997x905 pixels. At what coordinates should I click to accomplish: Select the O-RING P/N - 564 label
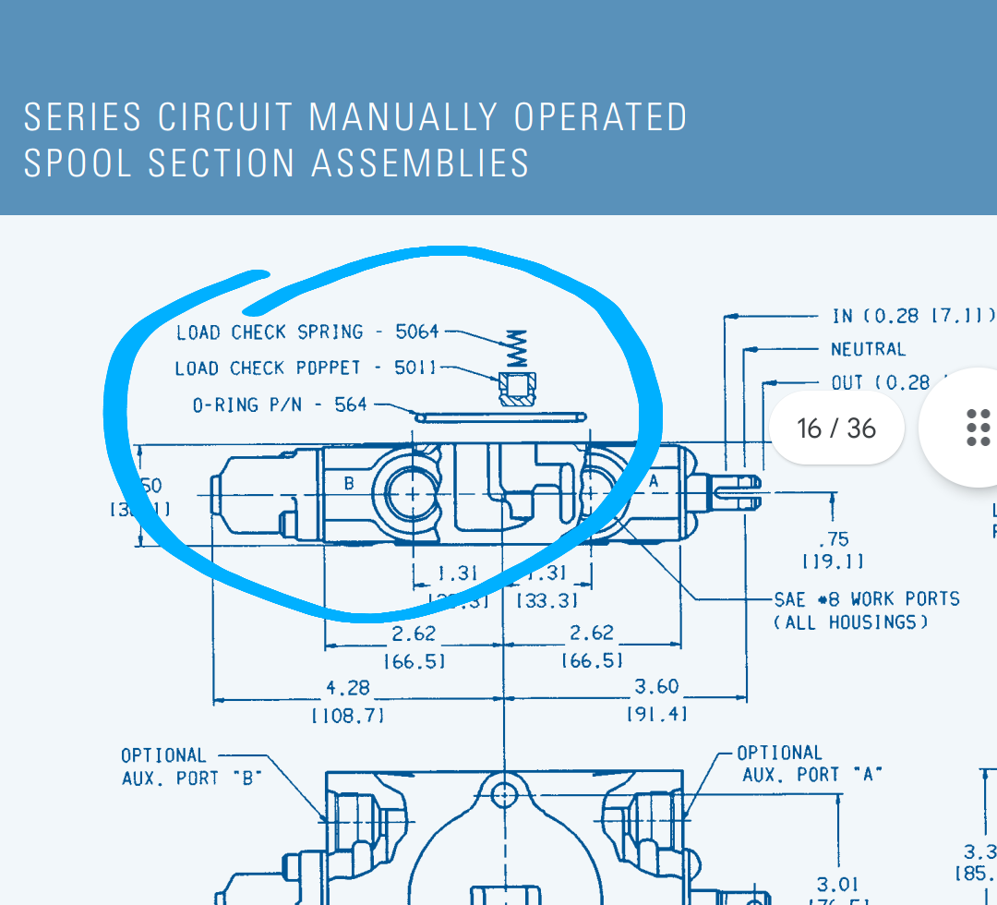coord(280,404)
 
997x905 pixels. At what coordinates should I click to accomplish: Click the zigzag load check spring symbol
coord(517,350)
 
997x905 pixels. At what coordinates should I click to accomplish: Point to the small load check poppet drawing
coord(516,389)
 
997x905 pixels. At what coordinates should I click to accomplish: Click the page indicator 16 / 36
coord(836,428)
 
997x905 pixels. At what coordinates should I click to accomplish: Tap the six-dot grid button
coord(977,428)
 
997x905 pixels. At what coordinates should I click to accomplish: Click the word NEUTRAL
coord(868,349)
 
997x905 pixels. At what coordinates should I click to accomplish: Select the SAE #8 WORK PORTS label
coord(867,598)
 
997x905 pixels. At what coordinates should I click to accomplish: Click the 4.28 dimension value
coord(348,688)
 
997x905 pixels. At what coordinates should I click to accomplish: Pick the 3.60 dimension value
coord(656,686)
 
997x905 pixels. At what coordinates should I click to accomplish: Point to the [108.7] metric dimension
coord(348,715)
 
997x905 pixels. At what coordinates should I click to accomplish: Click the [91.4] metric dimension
coord(656,714)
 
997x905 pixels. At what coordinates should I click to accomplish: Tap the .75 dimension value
coord(834,538)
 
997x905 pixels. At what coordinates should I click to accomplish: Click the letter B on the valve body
coord(349,482)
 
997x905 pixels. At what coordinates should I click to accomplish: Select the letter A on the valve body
coord(654,480)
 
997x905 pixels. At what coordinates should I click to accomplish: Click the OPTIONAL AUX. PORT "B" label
coord(191,766)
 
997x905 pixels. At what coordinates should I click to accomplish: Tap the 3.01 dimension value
coord(837,885)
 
